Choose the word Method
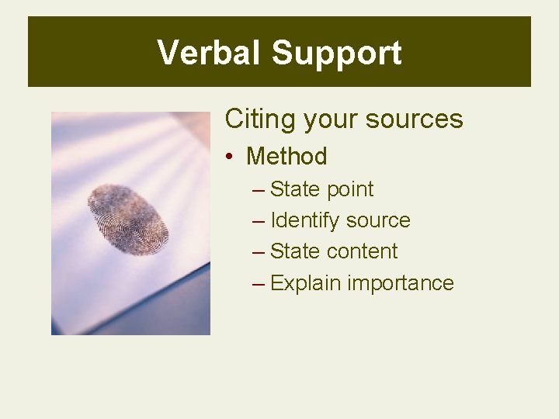[286, 156]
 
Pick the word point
[350, 190]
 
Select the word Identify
[305, 221]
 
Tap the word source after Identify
[378, 221]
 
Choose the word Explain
[306, 283]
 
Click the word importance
[401, 283]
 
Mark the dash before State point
[259, 190]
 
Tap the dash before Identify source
[259, 221]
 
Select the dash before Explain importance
[259, 283]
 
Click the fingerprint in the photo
[129, 219]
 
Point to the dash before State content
[259, 252]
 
